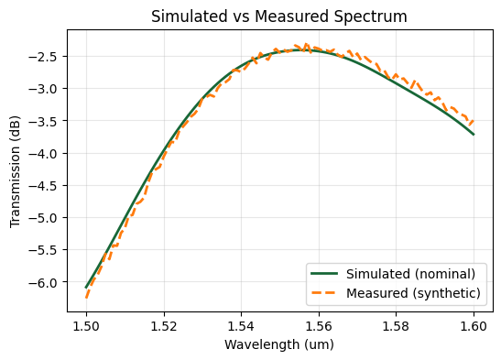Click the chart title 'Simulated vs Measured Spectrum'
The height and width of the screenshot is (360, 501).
click(x=280, y=16)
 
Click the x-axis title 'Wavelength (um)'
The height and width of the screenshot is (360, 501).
click(x=280, y=344)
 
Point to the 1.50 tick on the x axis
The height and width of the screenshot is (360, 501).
click(x=86, y=324)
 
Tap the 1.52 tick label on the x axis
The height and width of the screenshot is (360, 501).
click(x=164, y=324)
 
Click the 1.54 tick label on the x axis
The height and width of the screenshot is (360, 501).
click(x=242, y=324)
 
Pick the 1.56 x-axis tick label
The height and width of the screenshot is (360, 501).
click(x=319, y=324)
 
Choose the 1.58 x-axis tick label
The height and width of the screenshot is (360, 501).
click(x=397, y=324)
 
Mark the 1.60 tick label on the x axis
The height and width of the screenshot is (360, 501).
click(x=474, y=324)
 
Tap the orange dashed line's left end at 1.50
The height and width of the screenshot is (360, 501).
click(x=86, y=297)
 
